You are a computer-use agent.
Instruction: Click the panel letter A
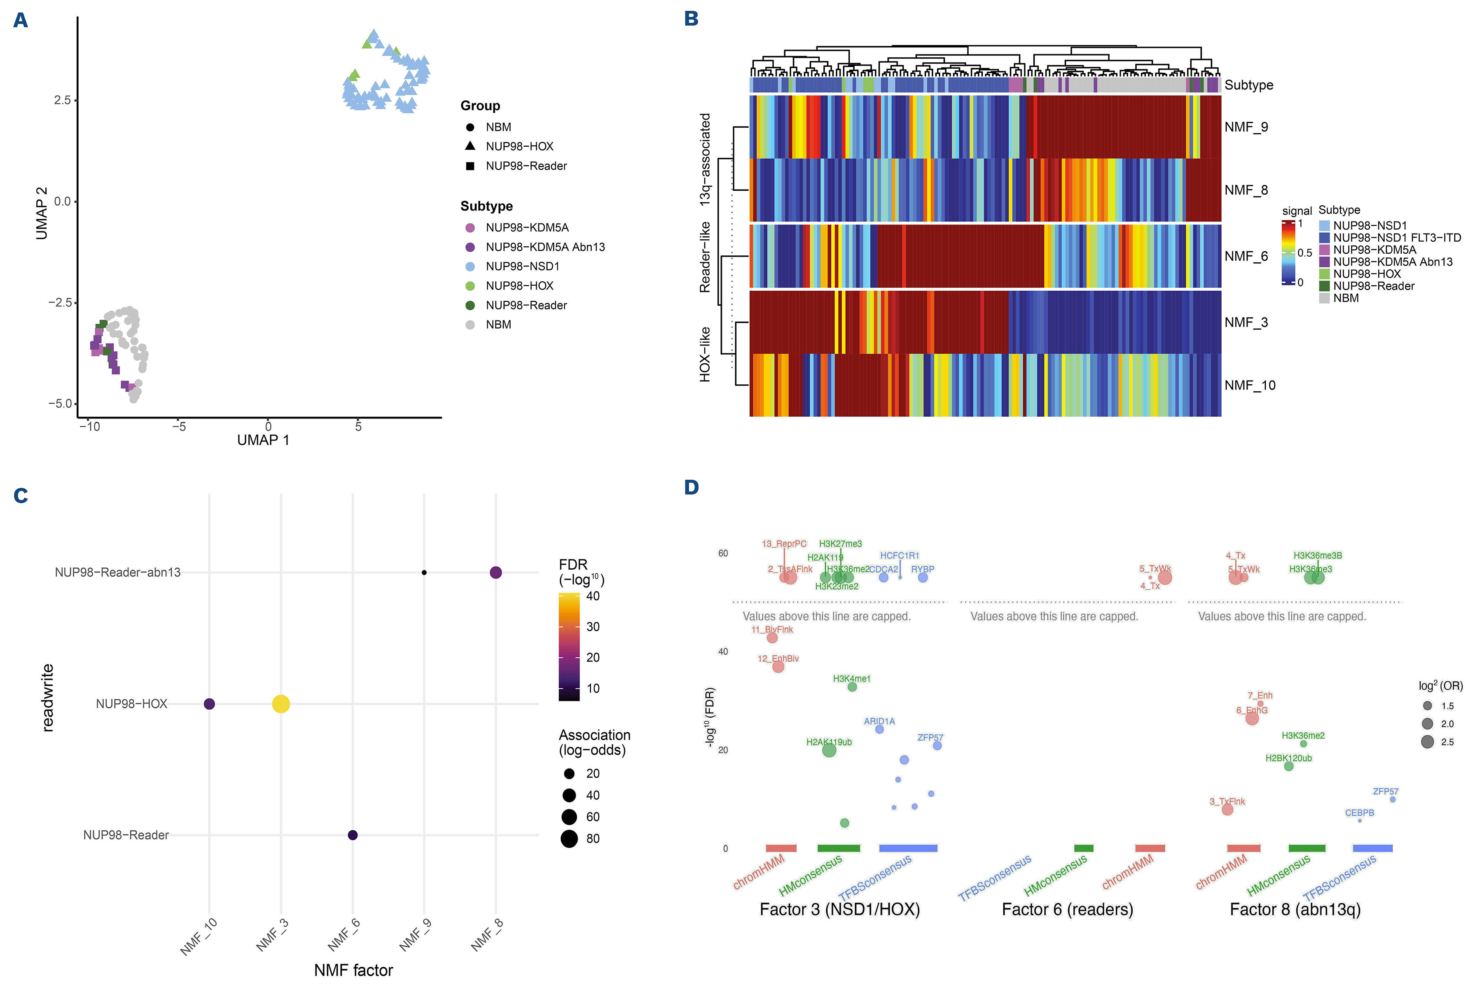[21, 20]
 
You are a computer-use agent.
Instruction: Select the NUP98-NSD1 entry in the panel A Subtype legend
[522, 266]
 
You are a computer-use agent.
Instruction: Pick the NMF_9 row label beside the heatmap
[1246, 127]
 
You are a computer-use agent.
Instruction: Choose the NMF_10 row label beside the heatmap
[1250, 385]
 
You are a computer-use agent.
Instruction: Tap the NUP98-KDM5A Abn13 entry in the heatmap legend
[1392, 262]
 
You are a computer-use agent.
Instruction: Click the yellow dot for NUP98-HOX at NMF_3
[281, 704]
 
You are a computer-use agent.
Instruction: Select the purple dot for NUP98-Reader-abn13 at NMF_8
[495, 573]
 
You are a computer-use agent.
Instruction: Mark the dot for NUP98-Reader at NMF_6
[353, 835]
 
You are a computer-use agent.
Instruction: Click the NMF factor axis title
[353, 970]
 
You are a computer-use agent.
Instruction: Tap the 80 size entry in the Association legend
[592, 839]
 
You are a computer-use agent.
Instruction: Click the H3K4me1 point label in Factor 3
[851, 678]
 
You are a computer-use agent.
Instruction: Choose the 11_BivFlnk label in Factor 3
[772, 629]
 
